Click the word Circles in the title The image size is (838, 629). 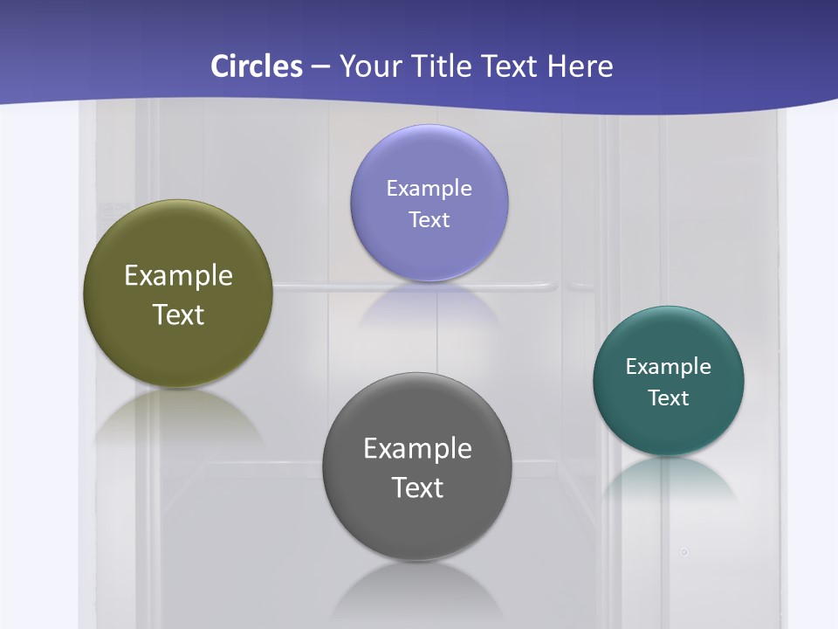tap(256, 66)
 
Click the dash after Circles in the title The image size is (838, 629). tap(319, 67)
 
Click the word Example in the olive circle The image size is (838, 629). tap(178, 276)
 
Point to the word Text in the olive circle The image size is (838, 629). tap(178, 314)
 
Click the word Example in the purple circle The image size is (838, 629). tap(429, 189)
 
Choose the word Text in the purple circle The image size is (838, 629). tap(429, 219)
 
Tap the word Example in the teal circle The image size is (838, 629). tap(669, 367)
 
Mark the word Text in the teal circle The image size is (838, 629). tap(669, 398)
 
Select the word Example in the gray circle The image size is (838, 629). tap(417, 449)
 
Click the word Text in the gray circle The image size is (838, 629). tap(417, 487)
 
